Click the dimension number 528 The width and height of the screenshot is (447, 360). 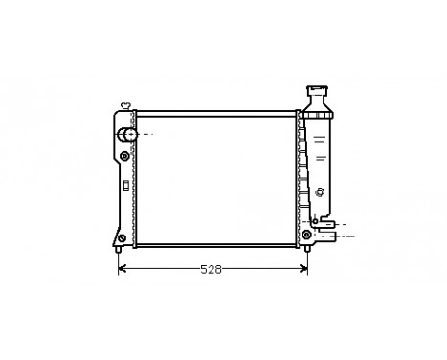click(x=211, y=269)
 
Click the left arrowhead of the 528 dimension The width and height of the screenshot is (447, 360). click(x=122, y=269)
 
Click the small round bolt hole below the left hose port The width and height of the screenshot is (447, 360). click(x=124, y=155)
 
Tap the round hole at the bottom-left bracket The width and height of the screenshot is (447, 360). click(x=121, y=238)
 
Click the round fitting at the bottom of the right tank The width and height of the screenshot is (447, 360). click(x=306, y=234)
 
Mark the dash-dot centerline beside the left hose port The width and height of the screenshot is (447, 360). click(x=146, y=134)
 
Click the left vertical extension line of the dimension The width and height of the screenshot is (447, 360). click(x=118, y=257)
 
